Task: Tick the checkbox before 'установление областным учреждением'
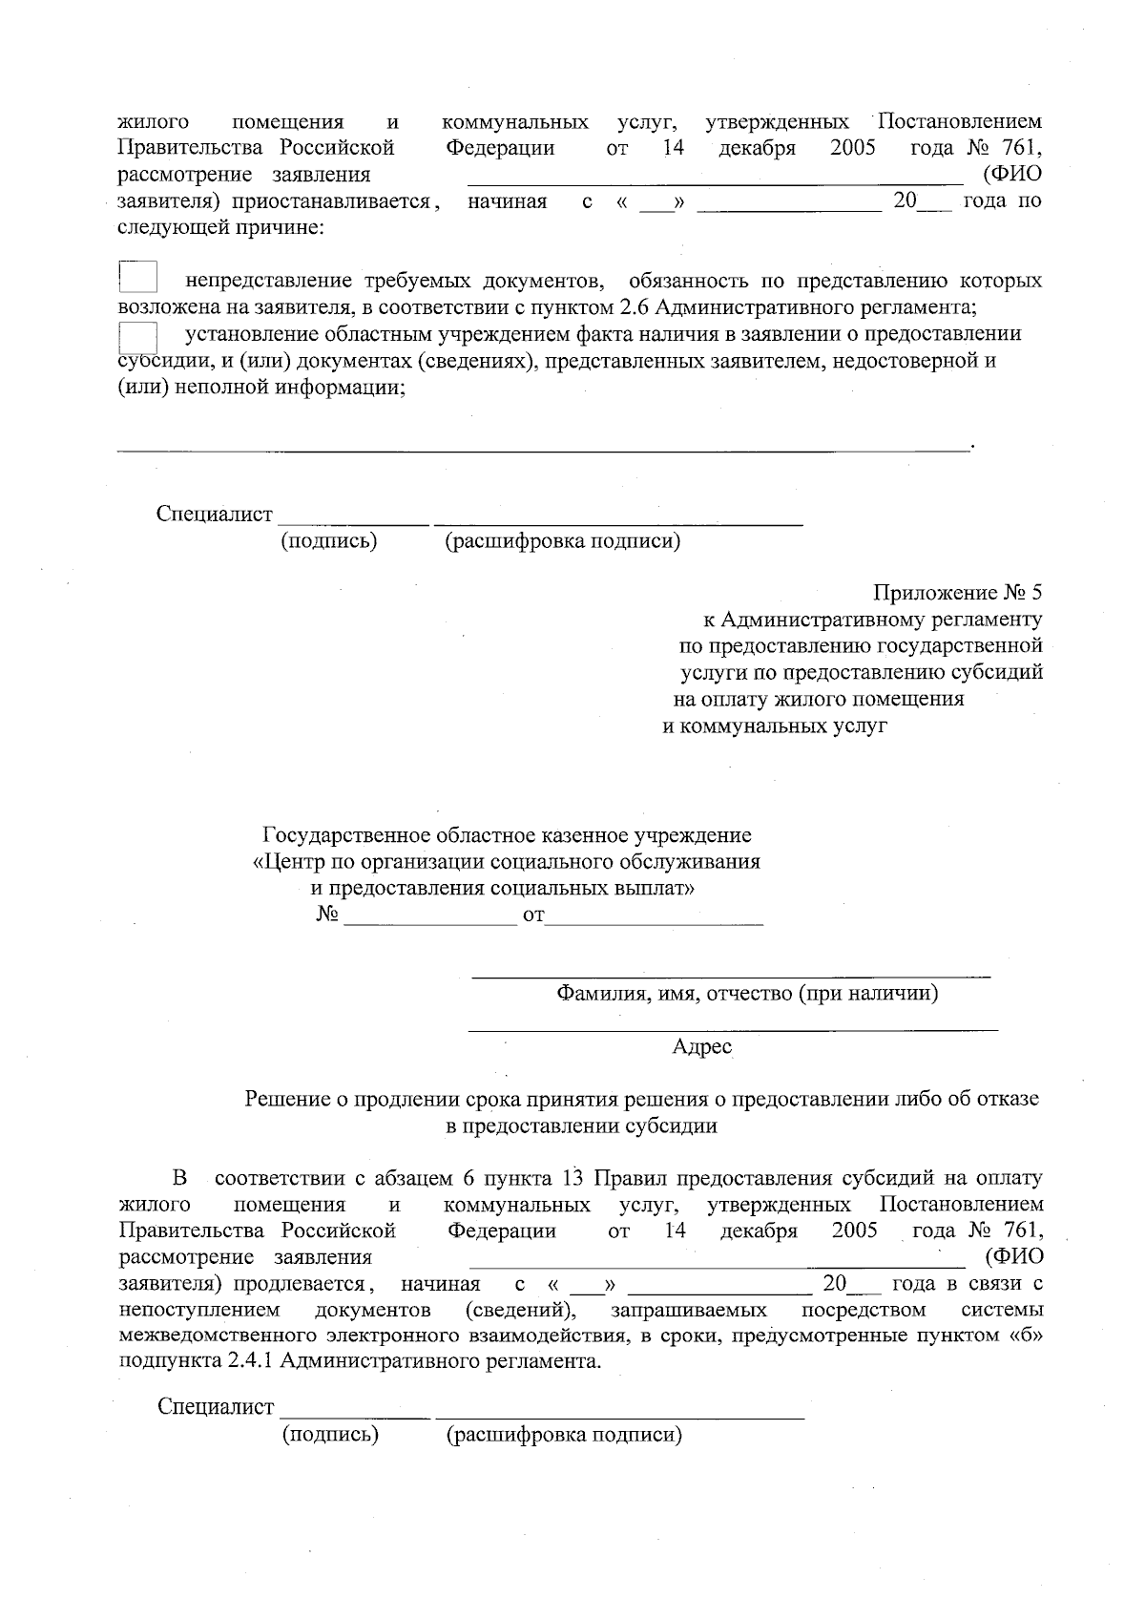click(138, 337)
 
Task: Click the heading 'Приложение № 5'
click(957, 593)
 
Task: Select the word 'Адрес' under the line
click(701, 1047)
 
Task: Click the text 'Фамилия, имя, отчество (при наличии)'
click(747, 994)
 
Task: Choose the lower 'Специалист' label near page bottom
click(216, 1407)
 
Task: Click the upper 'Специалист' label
click(215, 514)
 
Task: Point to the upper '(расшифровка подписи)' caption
click(562, 541)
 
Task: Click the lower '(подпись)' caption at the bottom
click(330, 1435)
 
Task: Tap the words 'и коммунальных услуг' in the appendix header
click(775, 726)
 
